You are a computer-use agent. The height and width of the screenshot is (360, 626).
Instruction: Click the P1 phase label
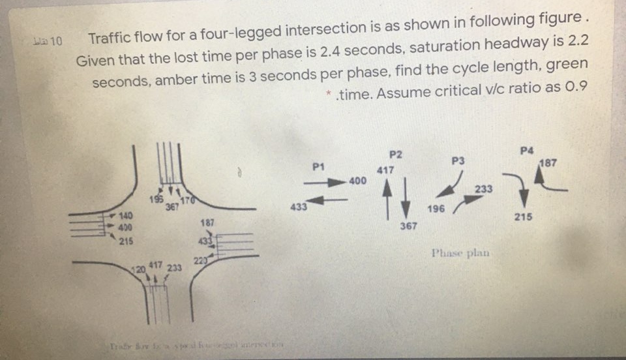coord(318,167)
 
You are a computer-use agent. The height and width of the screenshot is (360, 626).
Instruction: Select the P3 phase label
coord(458,160)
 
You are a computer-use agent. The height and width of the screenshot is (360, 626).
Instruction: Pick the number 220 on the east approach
coord(200,262)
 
